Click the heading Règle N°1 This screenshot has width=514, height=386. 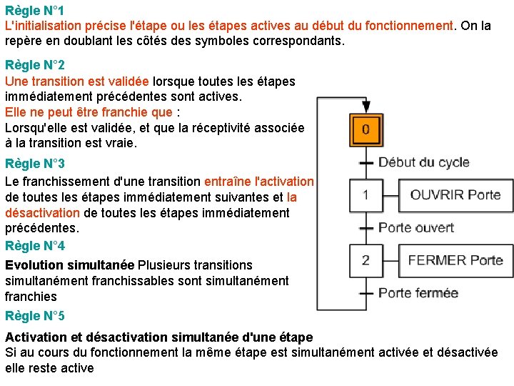point(35,11)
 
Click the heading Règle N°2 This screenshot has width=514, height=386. point(35,65)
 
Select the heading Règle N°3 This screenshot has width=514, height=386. point(35,164)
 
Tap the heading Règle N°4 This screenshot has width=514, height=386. point(35,246)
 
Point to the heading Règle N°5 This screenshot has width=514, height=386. point(35,316)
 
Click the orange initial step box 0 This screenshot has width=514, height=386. point(366,130)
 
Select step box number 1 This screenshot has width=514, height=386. point(366,195)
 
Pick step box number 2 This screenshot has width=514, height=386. point(366,260)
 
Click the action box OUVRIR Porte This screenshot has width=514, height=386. point(455,195)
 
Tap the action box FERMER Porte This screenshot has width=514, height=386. point(455,260)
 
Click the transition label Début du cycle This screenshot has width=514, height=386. point(423,162)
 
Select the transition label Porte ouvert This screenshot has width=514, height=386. point(416,228)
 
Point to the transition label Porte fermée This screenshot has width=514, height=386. point(418,293)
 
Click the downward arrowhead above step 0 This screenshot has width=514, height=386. point(366,107)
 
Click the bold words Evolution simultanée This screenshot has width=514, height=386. point(69,265)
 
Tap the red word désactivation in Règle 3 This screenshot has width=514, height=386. point(42,213)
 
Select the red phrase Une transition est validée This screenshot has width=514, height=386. point(77,81)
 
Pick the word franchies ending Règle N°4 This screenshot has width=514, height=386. point(31,297)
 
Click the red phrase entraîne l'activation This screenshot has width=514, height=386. point(258,182)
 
